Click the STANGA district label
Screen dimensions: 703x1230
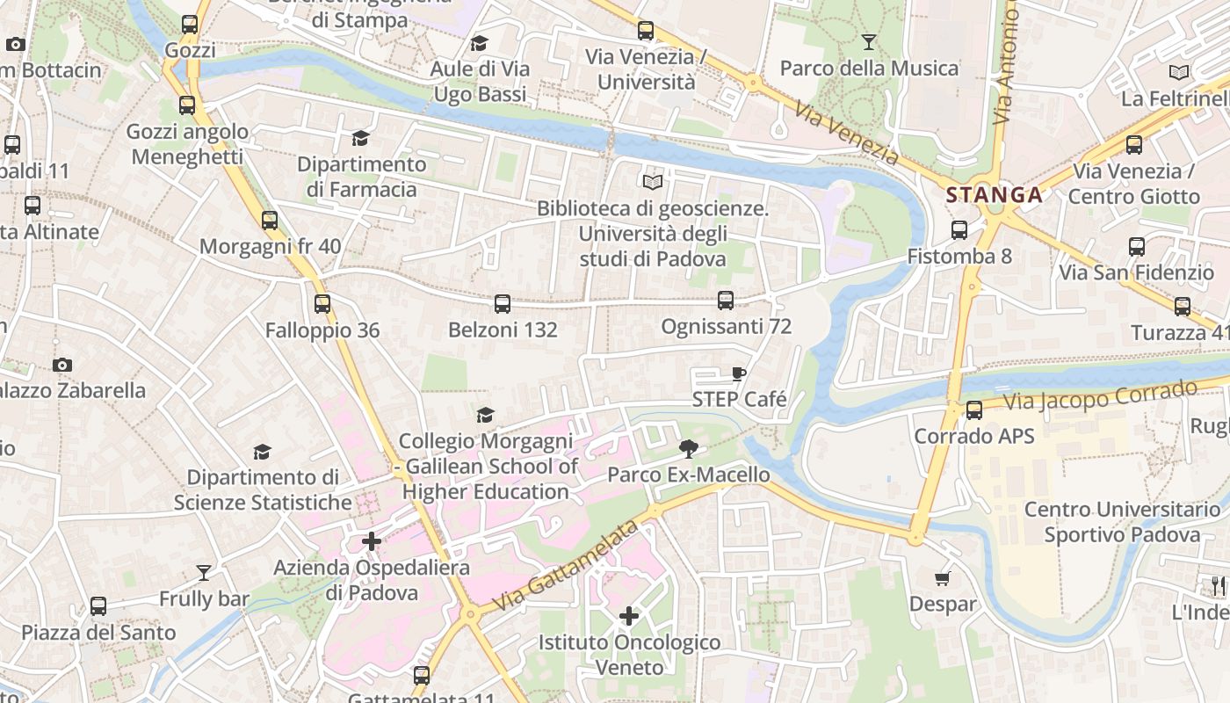coord(995,195)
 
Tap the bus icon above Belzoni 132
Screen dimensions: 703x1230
coord(503,304)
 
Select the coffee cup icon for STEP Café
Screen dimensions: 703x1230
coord(739,374)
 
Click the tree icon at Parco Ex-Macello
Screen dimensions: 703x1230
coord(689,450)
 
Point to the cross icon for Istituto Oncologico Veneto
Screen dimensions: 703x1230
coord(629,616)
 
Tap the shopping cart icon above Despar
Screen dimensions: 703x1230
coord(943,578)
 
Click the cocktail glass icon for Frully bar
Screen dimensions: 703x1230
coord(204,573)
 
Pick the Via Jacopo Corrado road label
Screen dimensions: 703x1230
coord(1100,395)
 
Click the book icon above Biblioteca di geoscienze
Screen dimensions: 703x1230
coord(652,182)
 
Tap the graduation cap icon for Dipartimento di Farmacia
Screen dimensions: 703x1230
coord(360,138)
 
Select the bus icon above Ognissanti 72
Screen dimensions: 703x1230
coord(726,301)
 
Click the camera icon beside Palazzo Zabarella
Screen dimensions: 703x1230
coord(61,365)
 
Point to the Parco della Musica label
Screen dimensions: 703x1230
coord(868,68)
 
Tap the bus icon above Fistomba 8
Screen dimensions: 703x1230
coord(959,230)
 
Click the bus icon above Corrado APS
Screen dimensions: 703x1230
coord(974,410)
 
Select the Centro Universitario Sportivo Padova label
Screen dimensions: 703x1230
coord(1122,522)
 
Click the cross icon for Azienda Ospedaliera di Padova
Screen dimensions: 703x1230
coord(372,541)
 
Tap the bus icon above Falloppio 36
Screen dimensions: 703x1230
coord(322,304)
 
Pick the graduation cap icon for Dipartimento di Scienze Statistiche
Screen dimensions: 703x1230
coord(262,452)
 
